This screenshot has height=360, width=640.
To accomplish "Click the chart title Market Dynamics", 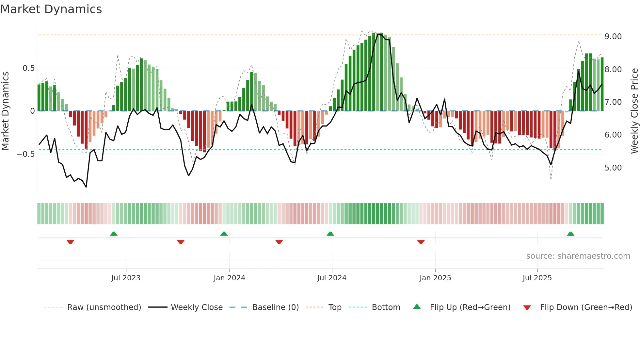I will pyautogui.click(x=51, y=9).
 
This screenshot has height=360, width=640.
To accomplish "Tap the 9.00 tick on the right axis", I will pyautogui.click(x=613, y=37).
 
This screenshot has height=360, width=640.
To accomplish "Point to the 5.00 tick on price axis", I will pyautogui.click(x=613, y=168).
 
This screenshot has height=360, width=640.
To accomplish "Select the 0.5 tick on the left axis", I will pyautogui.click(x=28, y=68).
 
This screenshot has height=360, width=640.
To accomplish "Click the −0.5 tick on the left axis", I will pyautogui.click(x=26, y=154).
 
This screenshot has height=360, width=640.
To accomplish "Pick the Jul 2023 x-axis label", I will pyautogui.click(x=126, y=278).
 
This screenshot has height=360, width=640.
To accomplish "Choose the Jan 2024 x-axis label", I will pyautogui.click(x=229, y=278).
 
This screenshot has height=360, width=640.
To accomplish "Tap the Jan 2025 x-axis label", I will pyautogui.click(x=435, y=278).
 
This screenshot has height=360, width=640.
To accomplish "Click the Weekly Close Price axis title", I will pyautogui.click(x=634, y=111).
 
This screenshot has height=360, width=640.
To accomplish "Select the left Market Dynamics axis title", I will pyautogui.click(x=5, y=111).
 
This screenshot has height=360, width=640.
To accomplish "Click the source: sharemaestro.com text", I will pyautogui.click(x=578, y=256).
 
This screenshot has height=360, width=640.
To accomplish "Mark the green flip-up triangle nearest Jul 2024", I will pyautogui.click(x=330, y=234).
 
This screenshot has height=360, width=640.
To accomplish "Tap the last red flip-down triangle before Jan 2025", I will pyautogui.click(x=421, y=242).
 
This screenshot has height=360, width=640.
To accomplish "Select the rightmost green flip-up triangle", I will pyautogui.click(x=570, y=234).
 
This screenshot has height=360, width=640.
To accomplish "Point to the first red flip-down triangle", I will pyautogui.click(x=70, y=242).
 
